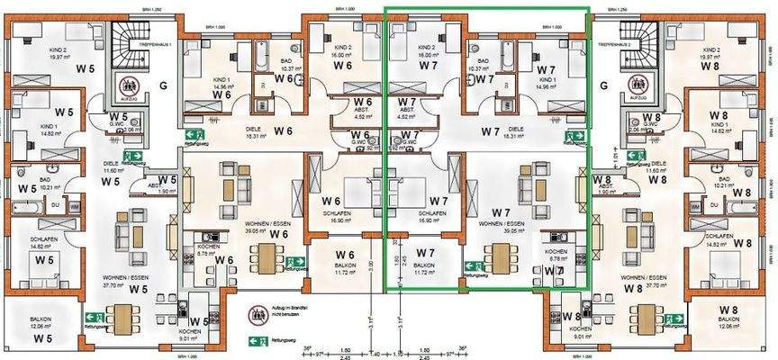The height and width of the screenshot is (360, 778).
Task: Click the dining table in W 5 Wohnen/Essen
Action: coord(119,317)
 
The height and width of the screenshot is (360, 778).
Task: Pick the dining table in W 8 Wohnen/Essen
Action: coord(647,317)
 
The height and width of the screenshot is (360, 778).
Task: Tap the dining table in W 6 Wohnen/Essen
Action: coord(265,259)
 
